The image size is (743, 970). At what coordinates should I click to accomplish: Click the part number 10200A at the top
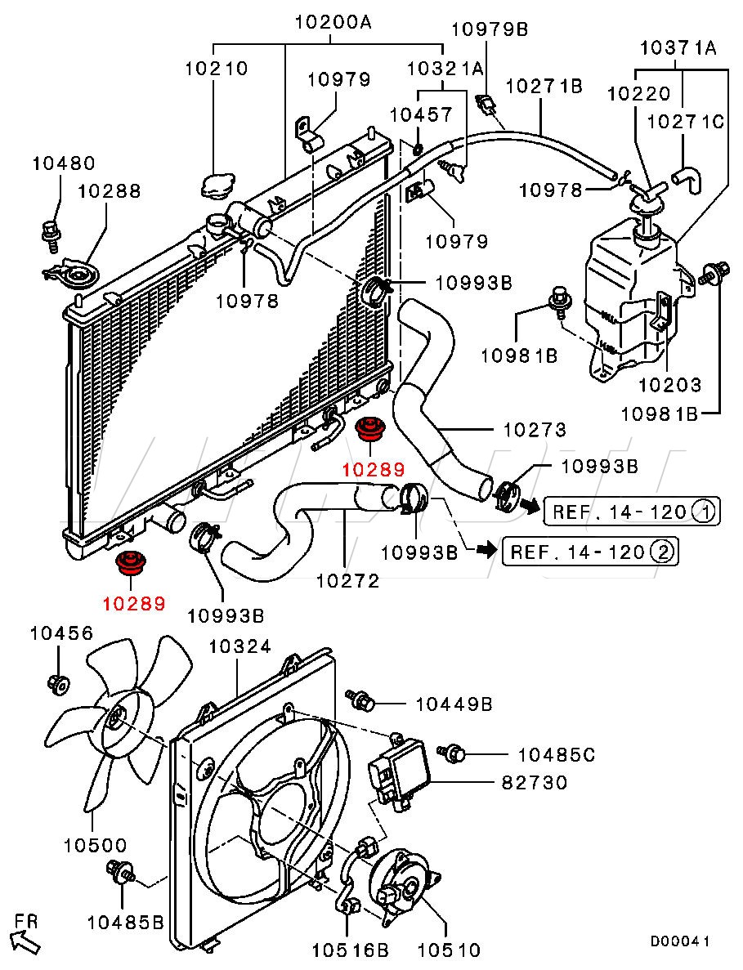click(333, 23)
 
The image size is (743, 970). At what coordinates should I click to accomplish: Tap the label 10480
click(64, 163)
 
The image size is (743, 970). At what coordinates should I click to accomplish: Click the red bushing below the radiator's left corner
click(130, 562)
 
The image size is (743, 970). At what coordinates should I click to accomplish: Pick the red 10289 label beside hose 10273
click(374, 470)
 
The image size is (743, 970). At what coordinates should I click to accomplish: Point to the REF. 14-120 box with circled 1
click(632, 512)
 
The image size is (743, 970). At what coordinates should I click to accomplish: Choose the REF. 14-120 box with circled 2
click(590, 551)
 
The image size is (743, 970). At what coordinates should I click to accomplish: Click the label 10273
click(535, 429)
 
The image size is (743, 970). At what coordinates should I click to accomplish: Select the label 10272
click(347, 581)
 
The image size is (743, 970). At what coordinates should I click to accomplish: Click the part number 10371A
click(678, 47)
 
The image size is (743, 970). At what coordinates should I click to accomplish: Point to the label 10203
click(670, 385)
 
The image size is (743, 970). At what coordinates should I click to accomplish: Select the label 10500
click(96, 845)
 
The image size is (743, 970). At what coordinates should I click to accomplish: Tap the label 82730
click(534, 783)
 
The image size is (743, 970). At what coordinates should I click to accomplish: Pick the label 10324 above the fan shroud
click(239, 647)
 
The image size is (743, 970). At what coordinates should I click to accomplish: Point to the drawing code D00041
click(679, 941)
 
